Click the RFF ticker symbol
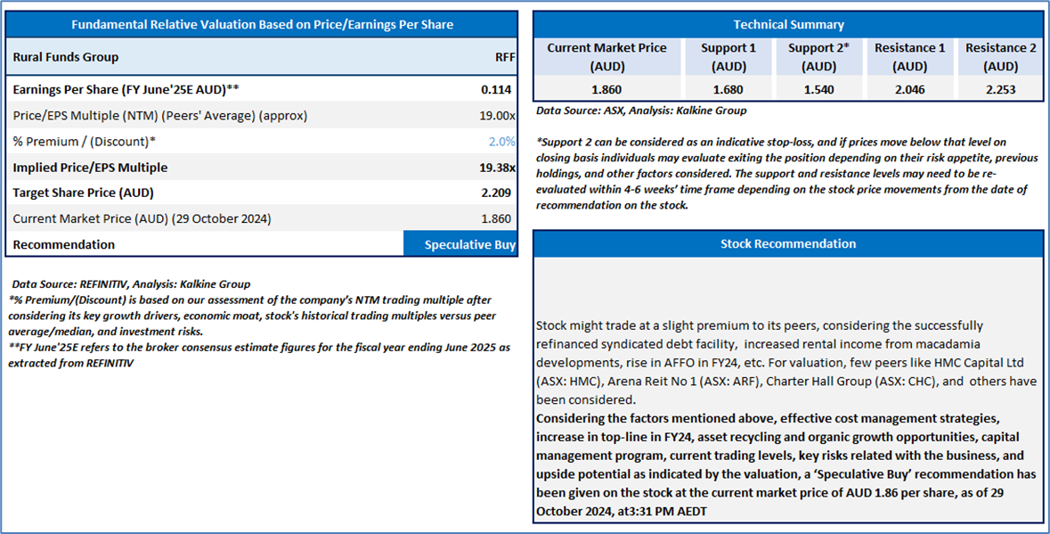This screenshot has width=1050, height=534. [x=505, y=57]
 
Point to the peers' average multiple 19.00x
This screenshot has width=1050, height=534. [x=497, y=115]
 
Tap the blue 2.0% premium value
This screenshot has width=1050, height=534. [x=501, y=142]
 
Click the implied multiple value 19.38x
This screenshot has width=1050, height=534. [x=497, y=168]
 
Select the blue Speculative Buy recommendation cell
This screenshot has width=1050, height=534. [x=460, y=244]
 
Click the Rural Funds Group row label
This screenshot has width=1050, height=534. [x=66, y=57]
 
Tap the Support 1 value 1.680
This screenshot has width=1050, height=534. [x=728, y=89]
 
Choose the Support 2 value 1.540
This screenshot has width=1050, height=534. [x=818, y=89]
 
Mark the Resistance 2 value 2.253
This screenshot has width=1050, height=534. [x=1000, y=89]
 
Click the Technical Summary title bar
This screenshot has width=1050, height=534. [x=788, y=25]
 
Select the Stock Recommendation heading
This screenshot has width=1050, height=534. [x=788, y=244]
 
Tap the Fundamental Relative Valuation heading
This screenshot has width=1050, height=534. [x=263, y=25]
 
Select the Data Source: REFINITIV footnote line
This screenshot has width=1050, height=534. [x=131, y=284]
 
